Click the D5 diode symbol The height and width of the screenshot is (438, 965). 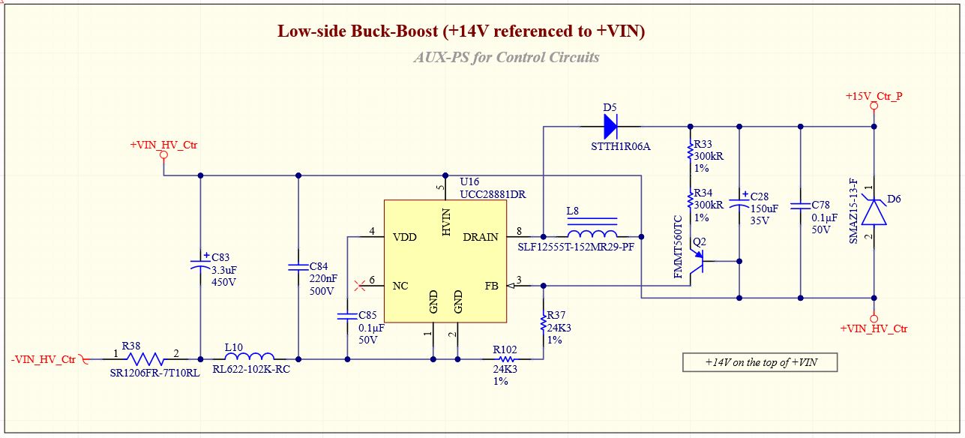click(x=610, y=127)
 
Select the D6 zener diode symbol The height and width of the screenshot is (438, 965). click(x=874, y=211)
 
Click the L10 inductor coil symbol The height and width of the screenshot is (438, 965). click(x=250, y=356)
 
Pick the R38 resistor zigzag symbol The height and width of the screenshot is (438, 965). click(x=145, y=359)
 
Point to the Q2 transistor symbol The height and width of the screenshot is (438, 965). click(x=697, y=261)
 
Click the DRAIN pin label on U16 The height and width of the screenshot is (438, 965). click(x=481, y=237)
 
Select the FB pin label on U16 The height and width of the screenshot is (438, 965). click(x=492, y=286)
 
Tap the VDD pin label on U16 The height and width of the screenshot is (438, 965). click(x=405, y=237)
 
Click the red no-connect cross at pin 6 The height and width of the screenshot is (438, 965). click(x=360, y=286)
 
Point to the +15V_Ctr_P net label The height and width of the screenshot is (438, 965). click(x=874, y=96)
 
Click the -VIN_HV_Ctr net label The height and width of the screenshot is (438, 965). click(x=43, y=359)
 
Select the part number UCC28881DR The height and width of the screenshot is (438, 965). click(x=493, y=194)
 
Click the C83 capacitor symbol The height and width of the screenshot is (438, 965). click(x=200, y=263)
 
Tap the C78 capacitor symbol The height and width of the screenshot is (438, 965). click(x=801, y=206)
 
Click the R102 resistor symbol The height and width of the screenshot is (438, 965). click(x=507, y=359)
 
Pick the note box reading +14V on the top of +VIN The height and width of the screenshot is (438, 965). click(x=760, y=362)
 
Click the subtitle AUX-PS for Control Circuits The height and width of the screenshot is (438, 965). click(x=507, y=57)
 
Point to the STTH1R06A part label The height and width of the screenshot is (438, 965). click(x=621, y=146)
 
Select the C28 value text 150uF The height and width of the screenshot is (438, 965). click(x=764, y=208)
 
